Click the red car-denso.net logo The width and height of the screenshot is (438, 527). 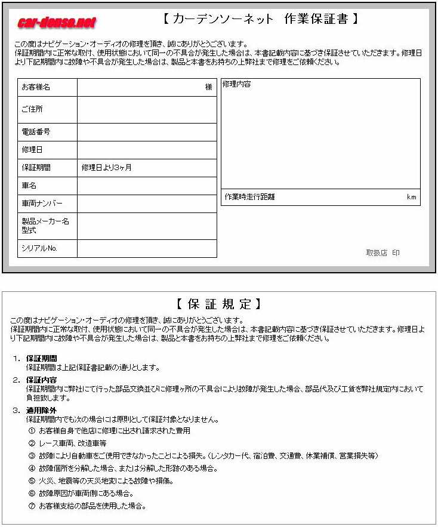pos(57,23)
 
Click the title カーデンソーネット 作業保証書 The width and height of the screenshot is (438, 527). pos(261,19)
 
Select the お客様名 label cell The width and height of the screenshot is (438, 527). pos(36,87)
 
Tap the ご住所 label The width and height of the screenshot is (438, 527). pos(32,110)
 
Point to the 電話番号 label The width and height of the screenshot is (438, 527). pos(36,132)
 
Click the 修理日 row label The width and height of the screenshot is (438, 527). pos(32,150)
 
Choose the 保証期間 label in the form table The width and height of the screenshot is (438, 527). pos(36,168)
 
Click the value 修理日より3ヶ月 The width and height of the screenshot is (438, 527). pos(107,168)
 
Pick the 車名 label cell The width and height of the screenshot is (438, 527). pos(29,186)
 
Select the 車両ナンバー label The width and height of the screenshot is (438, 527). pos(42,204)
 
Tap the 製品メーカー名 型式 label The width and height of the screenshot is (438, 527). pos(45,226)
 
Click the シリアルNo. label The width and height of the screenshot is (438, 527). pos(39,248)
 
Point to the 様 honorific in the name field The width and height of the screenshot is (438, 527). pos(209,87)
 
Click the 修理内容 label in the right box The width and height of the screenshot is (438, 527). pos(236,85)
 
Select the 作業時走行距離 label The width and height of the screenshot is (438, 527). pos(249,197)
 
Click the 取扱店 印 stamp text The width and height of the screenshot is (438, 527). pos(383,253)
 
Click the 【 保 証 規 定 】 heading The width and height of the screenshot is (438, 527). pos(218,304)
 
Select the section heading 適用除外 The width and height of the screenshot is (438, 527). pos(41,411)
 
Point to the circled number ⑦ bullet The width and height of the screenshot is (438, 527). pos(32,506)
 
